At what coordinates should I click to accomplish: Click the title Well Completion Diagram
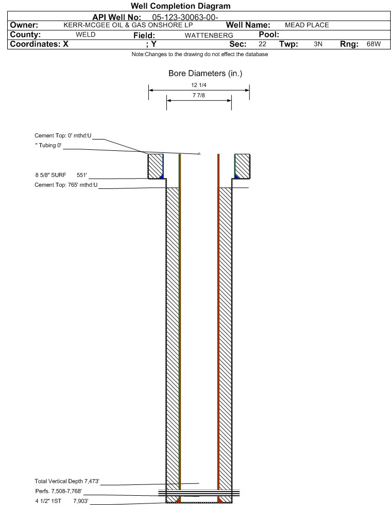coord(180,6)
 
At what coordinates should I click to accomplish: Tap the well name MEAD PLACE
coord(307,25)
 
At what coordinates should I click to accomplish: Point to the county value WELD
coord(86,34)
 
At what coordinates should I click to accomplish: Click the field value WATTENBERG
coord(205,35)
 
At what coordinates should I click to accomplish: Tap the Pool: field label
coord(268,34)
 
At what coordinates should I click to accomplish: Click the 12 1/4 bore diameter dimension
coord(199,85)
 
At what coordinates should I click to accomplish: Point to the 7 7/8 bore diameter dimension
coord(199,96)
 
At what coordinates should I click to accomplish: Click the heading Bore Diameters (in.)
coord(205,74)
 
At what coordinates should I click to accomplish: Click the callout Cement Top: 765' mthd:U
coord(66,185)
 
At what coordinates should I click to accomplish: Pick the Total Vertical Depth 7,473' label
coord(67,481)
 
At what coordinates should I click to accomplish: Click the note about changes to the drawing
coord(200,55)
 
